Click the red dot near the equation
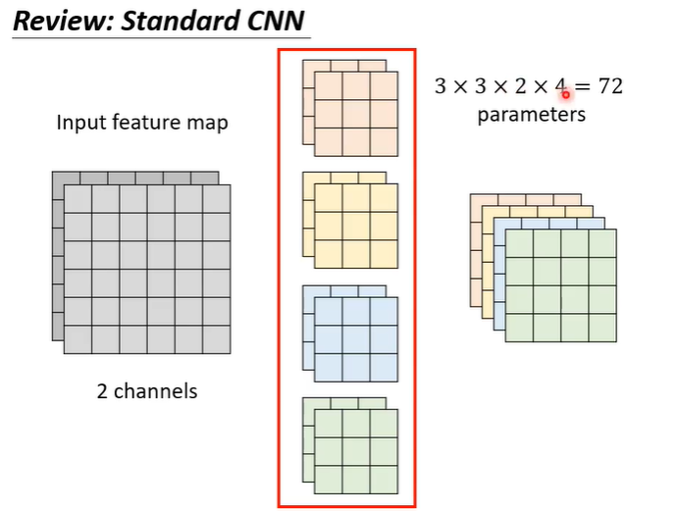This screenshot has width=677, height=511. coord(566,94)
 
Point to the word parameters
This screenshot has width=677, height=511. coord(531,115)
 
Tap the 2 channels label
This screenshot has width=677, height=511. coord(146,391)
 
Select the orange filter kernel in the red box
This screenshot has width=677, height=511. coord(355,114)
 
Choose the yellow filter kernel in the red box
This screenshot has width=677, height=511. coord(355,226)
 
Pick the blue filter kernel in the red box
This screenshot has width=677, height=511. coord(355,338)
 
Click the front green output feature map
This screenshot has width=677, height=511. coord(560,285)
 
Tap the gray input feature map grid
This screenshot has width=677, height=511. coord(147,269)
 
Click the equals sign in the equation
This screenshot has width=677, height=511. coord(583,86)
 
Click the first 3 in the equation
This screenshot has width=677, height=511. coord(442,86)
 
